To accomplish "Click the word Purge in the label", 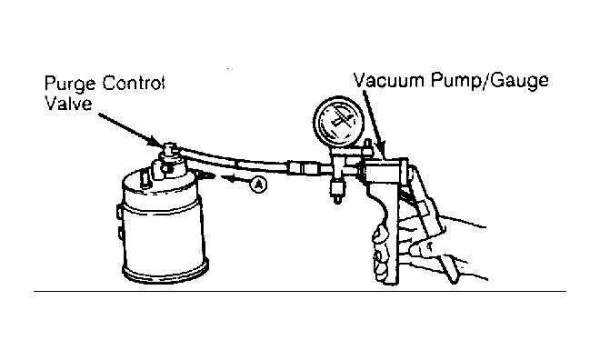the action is click(70, 84).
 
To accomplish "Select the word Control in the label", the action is click(134, 82).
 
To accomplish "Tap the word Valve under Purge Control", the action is click(68, 103).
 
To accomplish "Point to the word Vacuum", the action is click(389, 81).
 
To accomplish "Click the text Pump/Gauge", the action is click(490, 82).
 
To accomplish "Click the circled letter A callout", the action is click(259, 185).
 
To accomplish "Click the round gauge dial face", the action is click(338, 121).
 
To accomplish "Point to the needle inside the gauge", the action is click(340, 118).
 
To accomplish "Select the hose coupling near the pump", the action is click(302, 168).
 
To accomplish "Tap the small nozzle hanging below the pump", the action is click(337, 193).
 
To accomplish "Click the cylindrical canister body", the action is click(164, 229).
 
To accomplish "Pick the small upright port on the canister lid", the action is click(145, 180).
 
